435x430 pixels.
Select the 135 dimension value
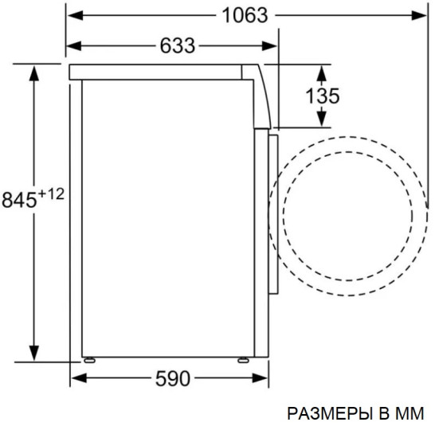click(323, 96)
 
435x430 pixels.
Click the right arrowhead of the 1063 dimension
click(417, 15)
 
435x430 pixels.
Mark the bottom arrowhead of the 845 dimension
click(34, 355)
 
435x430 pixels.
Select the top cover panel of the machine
click(159, 71)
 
